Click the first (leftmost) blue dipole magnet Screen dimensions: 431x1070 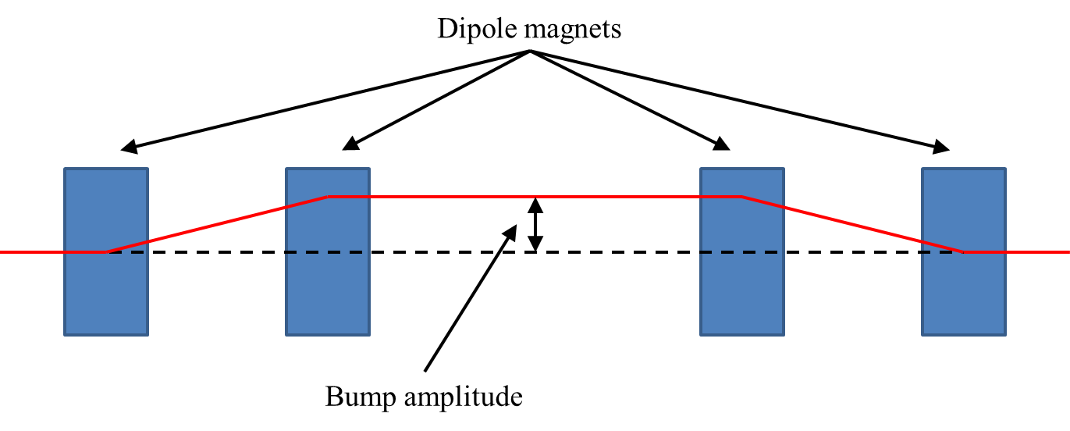click(105, 297)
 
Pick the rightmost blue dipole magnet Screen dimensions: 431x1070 click(963, 297)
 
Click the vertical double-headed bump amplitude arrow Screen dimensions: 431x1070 click(535, 225)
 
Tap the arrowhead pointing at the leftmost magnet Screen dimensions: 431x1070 click(128, 146)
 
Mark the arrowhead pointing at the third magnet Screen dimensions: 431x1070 click(722, 143)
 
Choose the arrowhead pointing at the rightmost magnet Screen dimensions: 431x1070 click(944, 146)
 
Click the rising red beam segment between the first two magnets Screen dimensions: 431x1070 click(217, 224)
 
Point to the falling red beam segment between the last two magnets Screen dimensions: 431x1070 click(852, 224)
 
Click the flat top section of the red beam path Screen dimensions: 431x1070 click(437, 196)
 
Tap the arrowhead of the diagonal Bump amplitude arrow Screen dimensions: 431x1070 click(511, 231)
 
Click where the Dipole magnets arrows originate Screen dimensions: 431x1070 click(531, 52)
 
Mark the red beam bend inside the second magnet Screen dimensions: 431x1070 click(329, 197)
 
